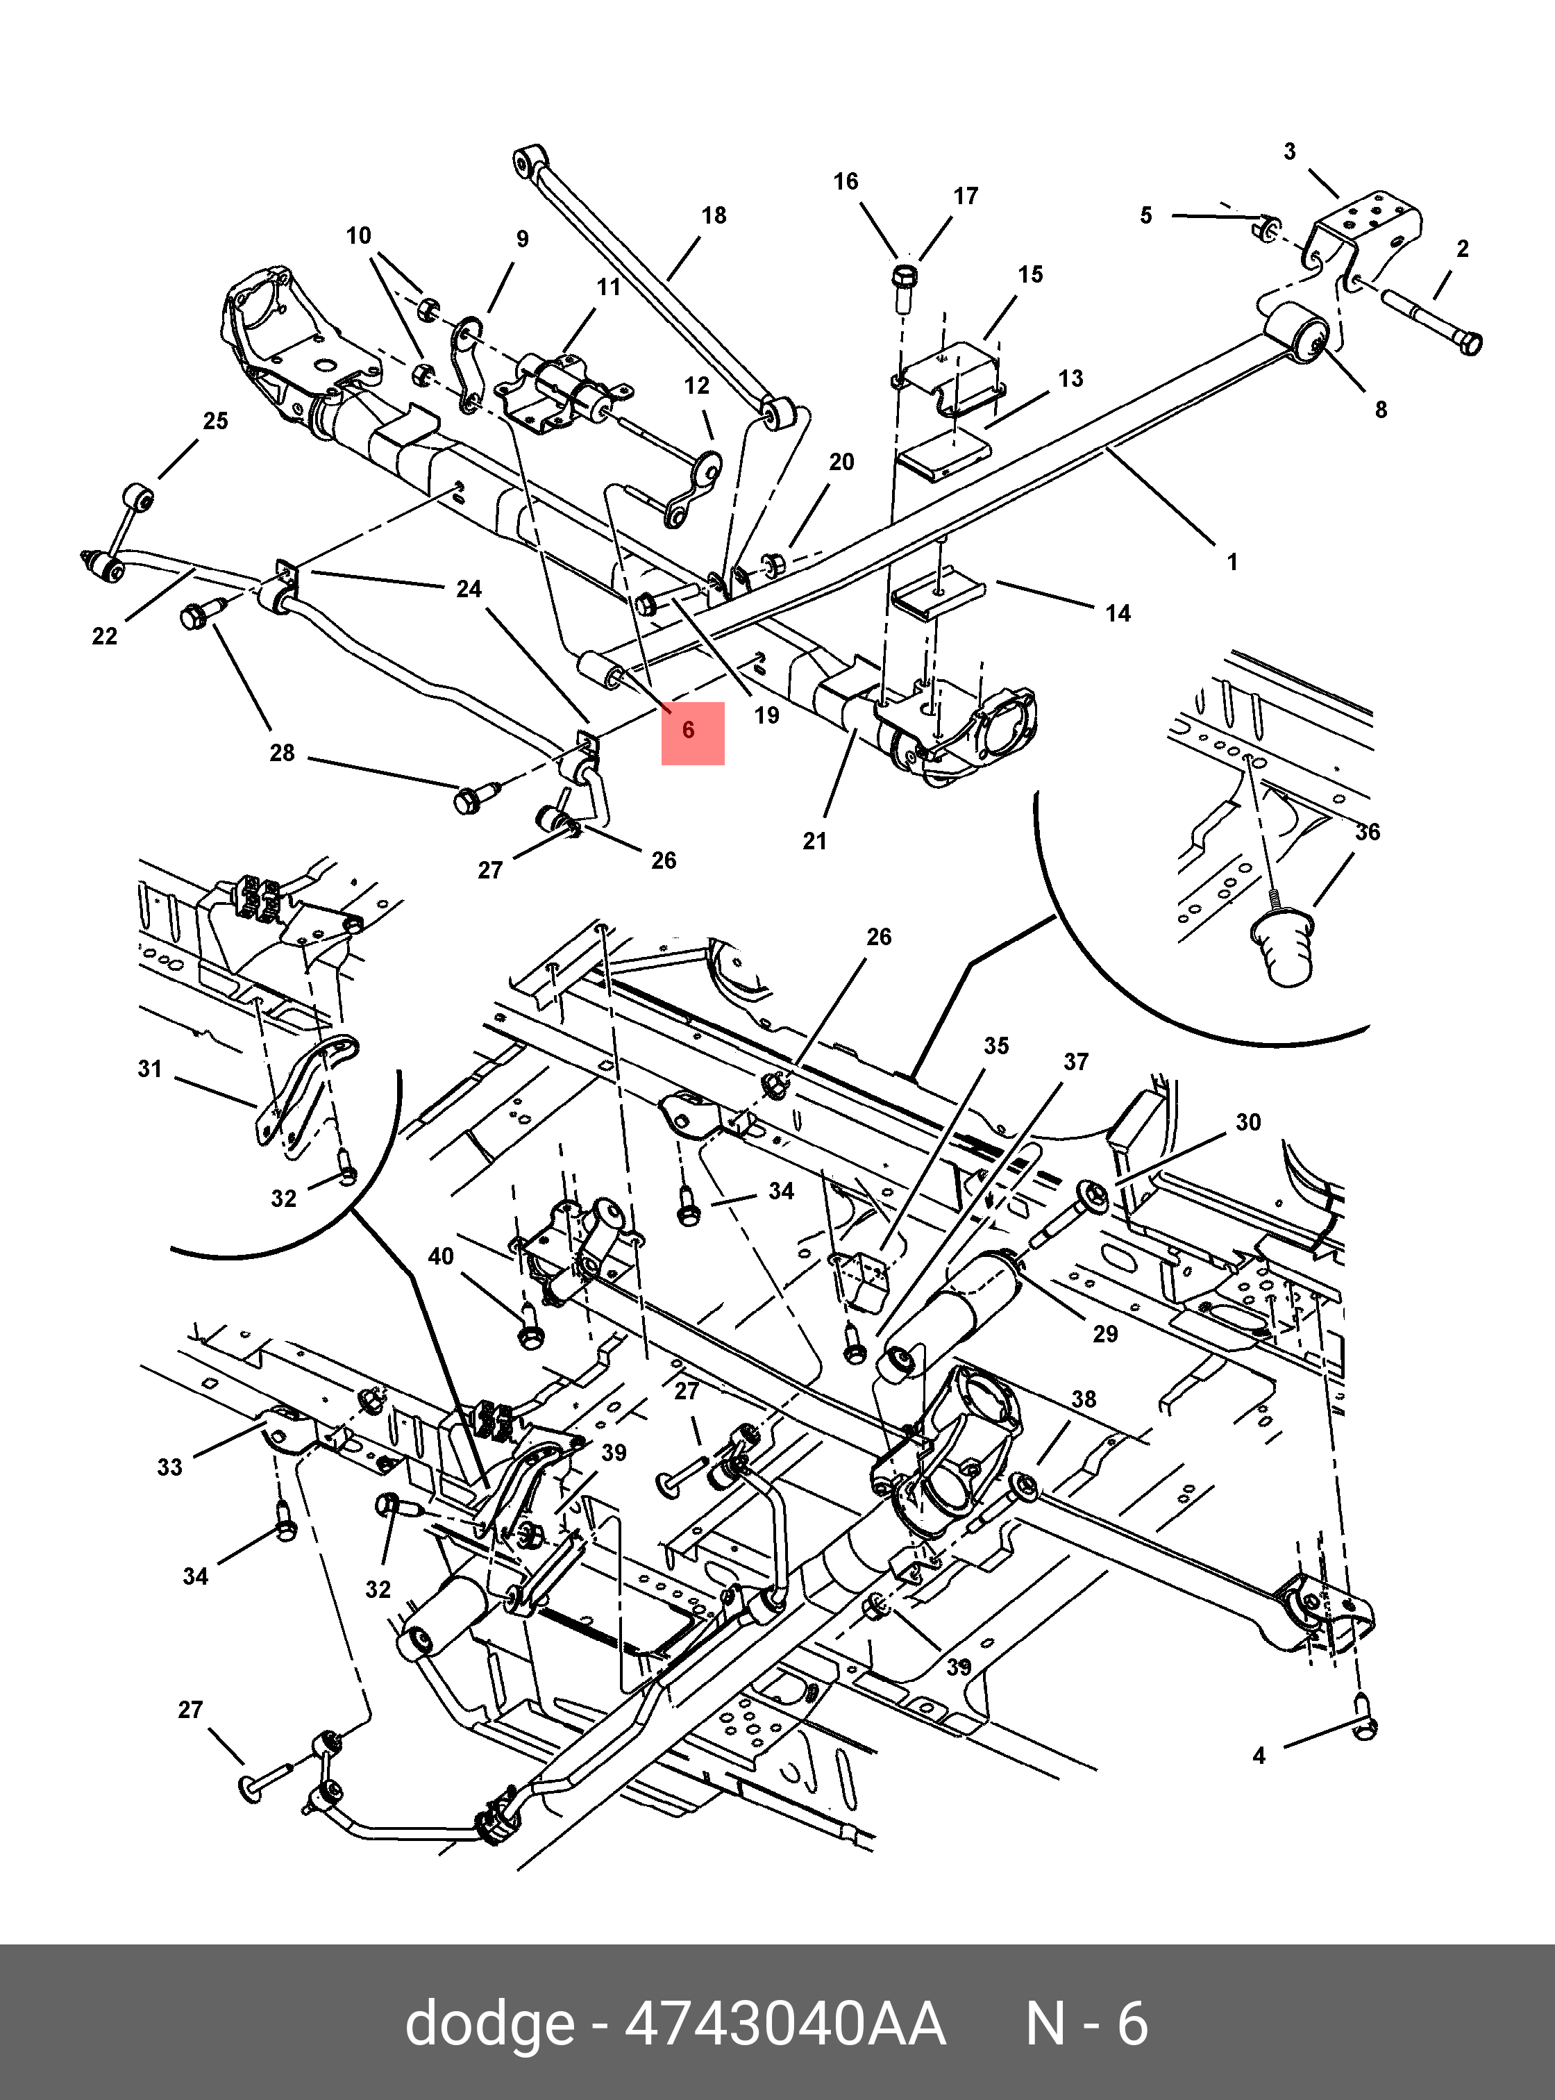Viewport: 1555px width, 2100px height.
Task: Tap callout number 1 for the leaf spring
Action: [1232, 562]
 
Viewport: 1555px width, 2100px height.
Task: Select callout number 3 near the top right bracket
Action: [1290, 151]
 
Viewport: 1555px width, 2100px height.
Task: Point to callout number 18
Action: [714, 216]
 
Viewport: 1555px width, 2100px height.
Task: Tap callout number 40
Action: [441, 1256]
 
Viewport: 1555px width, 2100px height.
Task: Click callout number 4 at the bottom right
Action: [1259, 1754]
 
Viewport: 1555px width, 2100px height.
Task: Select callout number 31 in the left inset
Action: [150, 1069]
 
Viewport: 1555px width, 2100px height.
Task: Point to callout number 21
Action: [814, 841]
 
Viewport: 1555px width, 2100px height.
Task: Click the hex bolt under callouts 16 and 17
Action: [904, 281]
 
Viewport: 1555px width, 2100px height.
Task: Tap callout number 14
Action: [1117, 613]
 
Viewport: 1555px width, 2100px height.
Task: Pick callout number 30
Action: [1247, 1122]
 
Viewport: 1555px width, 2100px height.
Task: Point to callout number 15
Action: [1031, 274]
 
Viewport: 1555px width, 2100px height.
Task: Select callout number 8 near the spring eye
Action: [1380, 410]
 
